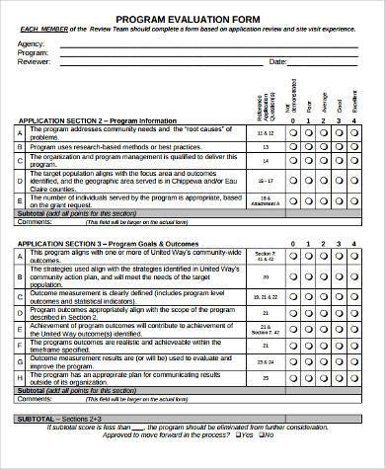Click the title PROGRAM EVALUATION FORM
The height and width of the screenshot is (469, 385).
(192, 18)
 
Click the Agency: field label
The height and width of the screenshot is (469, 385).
(32, 43)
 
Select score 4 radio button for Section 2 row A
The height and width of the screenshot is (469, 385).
(357, 131)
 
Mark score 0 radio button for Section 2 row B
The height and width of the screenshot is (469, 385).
(291, 145)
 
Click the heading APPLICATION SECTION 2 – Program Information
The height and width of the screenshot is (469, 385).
(98, 120)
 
